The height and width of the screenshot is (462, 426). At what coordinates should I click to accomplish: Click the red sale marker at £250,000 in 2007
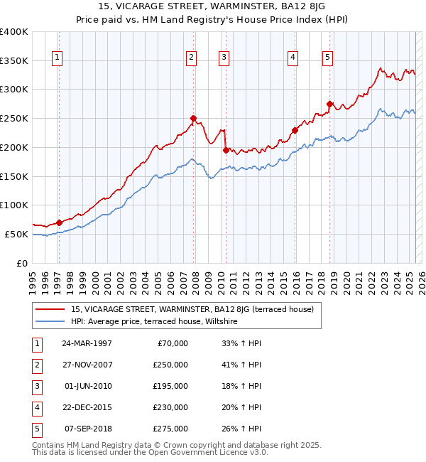193,118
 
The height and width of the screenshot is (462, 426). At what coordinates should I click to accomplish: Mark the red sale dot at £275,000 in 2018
329,104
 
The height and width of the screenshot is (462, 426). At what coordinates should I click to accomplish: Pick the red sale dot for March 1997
60,222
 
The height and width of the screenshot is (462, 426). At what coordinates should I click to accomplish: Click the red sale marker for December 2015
295,130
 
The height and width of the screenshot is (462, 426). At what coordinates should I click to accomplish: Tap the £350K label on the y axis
14,60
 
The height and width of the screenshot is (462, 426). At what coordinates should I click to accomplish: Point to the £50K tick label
17,234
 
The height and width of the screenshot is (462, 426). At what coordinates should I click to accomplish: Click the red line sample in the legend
50,309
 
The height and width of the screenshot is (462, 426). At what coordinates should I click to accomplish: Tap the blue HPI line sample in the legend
50,321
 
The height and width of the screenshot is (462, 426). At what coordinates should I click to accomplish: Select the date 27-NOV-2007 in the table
87,364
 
